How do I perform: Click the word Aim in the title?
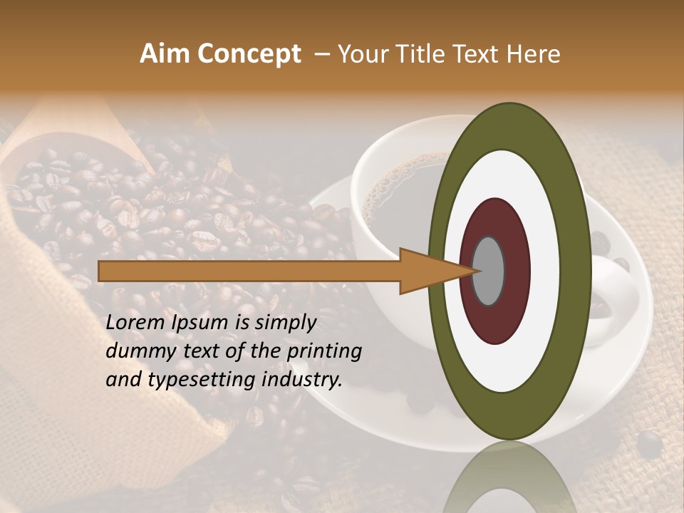(165, 54)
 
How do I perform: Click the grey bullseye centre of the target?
(489, 271)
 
